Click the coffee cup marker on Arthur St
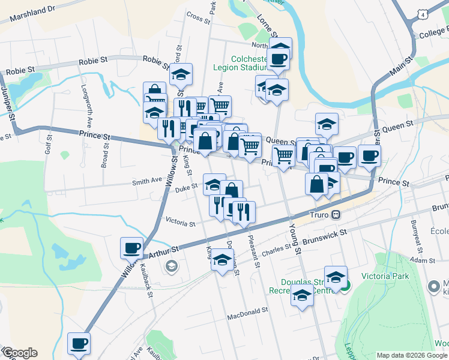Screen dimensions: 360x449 tap(132, 247)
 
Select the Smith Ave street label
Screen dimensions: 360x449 tap(147, 180)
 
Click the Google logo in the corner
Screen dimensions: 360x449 tap(19, 353)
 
